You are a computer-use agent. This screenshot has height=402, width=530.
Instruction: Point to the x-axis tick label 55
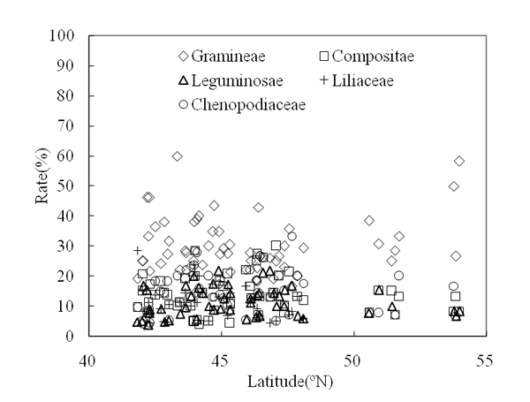pos(485,360)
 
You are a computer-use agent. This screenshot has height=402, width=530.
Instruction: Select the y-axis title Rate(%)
pos(42,186)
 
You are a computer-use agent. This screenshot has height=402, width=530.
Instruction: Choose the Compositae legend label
pos(374,57)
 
